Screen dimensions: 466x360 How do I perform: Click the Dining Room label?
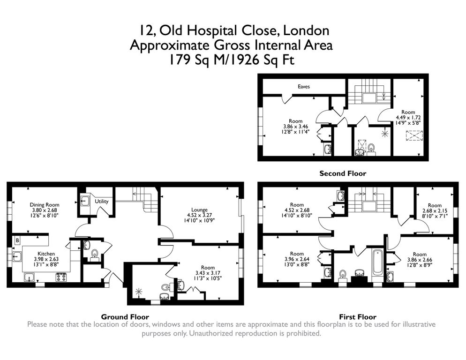point(44,204)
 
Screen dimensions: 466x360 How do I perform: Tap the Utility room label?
point(101,201)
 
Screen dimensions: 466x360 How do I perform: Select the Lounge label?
point(199,210)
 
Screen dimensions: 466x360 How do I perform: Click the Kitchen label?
point(46,254)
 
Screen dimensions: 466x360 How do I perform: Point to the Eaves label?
point(304,87)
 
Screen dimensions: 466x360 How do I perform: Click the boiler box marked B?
point(17,240)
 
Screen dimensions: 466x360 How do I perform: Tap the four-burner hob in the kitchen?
point(61,277)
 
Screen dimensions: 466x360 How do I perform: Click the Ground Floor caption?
point(125,317)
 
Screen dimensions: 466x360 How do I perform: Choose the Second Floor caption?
point(343,173)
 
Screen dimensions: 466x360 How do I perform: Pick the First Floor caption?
point(358,317)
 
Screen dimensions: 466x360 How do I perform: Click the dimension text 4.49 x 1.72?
point(408,118)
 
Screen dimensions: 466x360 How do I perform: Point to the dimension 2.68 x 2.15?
point(435,211)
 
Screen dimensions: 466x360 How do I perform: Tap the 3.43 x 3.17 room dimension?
point(208,273)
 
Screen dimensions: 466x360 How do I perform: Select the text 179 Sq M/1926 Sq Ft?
point(232,60)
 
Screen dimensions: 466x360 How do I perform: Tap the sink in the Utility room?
point(85,201)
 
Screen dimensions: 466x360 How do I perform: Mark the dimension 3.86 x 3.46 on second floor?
point(295,127)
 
